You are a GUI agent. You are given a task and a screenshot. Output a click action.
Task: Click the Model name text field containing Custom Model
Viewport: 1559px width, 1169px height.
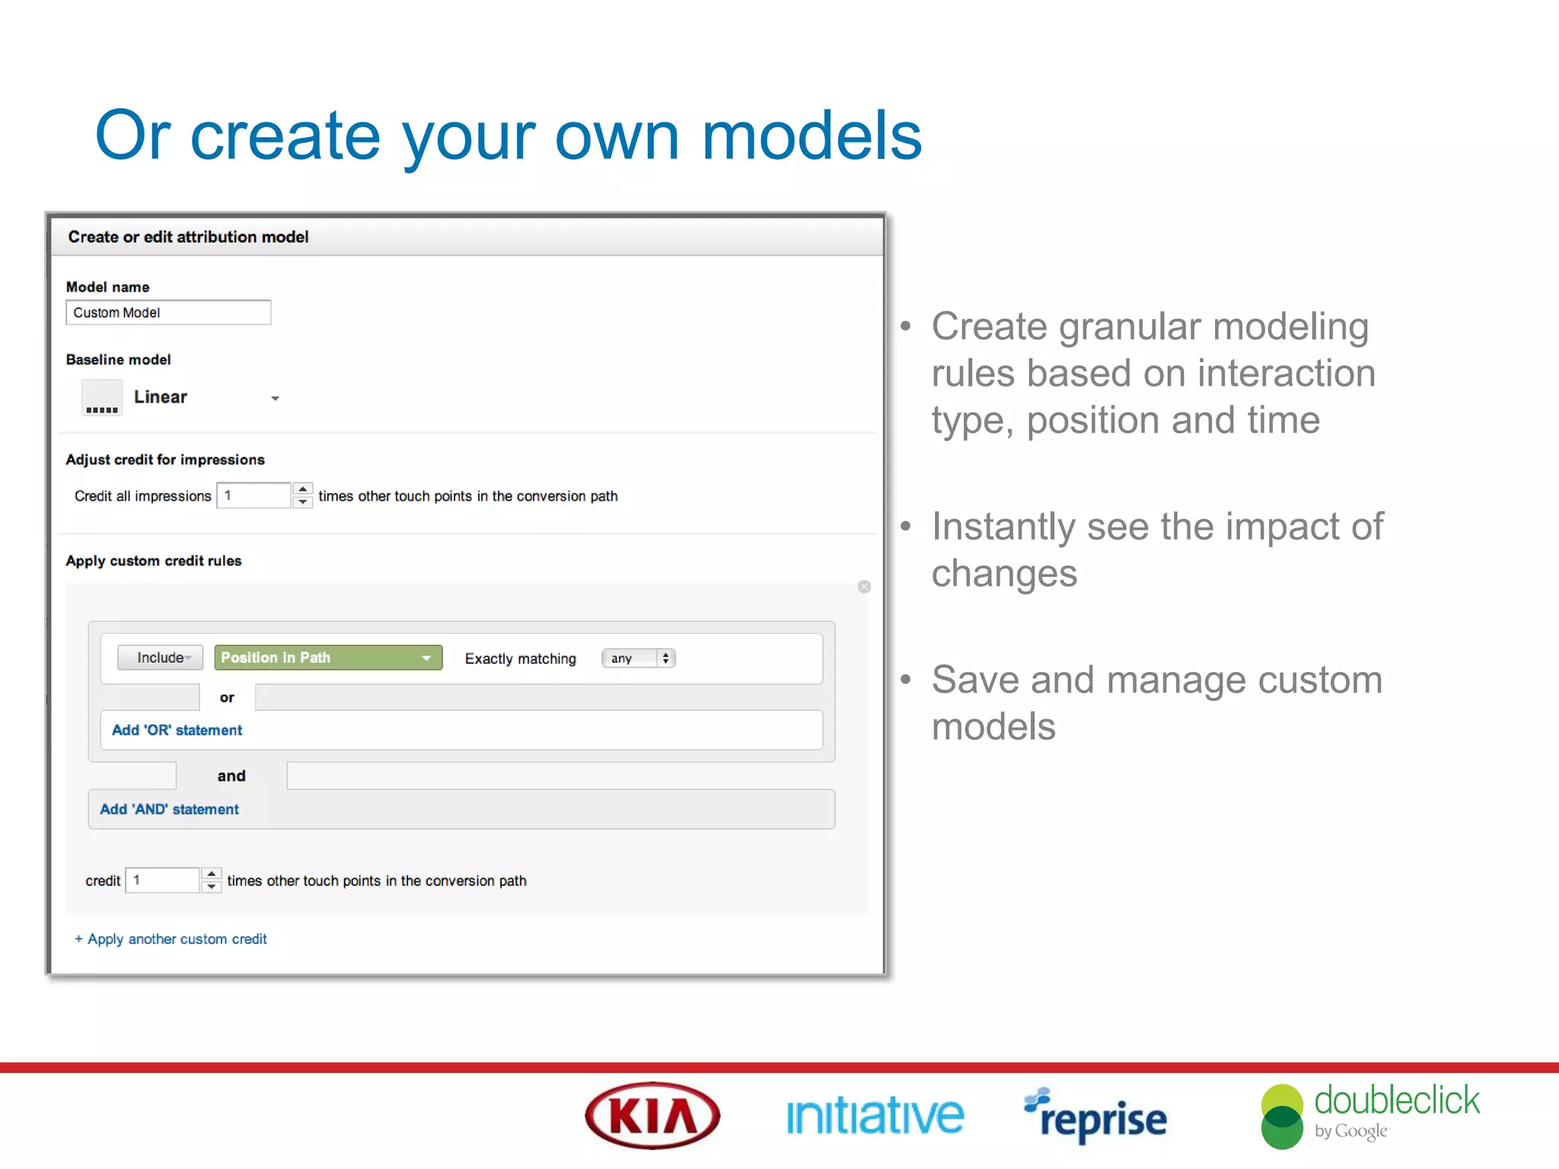tap(168, 313)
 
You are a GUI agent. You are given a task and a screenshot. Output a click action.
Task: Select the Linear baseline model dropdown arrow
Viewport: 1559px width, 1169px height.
tap(275, 398)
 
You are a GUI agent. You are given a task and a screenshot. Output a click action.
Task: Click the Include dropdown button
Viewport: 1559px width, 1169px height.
tap(161, 658)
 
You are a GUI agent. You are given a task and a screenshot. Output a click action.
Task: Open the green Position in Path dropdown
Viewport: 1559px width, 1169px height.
tap(328, 658)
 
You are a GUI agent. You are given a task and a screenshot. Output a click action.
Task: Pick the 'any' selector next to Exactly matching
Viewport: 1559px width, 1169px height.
tap(638, 658)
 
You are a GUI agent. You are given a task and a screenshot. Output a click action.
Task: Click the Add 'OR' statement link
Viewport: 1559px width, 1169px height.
tap(177, 730)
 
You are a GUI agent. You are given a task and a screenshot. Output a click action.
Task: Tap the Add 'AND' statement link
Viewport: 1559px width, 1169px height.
tap(169, 809)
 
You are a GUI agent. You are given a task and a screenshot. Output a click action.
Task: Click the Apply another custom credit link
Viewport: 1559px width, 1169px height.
tap(171, 939)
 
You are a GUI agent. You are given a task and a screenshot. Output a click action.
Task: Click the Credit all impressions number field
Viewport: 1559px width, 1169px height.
tap(253, 495)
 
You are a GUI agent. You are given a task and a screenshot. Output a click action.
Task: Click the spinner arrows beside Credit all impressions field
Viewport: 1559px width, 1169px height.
tap(303, 495)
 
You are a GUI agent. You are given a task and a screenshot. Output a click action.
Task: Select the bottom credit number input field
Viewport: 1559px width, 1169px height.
tap(162, 880)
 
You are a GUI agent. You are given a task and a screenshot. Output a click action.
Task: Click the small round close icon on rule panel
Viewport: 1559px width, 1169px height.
tap(864, 587)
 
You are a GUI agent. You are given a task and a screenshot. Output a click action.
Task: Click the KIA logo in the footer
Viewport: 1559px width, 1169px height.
tap(652, 1116)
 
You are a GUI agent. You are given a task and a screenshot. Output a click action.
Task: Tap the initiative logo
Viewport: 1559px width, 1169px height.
tap(875, 1116)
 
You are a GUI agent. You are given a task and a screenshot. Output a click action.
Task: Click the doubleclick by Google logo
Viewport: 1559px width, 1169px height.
tap(1370, 1116)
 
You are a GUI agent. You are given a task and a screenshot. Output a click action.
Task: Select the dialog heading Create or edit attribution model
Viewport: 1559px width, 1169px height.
tap(188, 237)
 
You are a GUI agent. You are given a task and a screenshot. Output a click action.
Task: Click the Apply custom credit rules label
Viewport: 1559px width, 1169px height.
tap(154, 561)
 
